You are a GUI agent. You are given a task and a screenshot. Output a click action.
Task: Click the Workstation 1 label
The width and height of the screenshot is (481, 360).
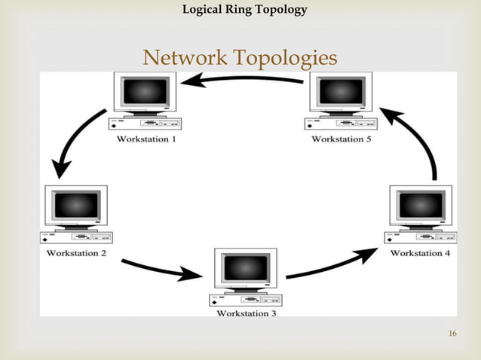[x=147, y=139]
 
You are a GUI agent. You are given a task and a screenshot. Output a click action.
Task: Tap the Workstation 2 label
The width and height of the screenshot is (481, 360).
[x=77, y=253]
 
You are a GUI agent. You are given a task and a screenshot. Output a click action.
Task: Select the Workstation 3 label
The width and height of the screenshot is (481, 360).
[x=247, y=313]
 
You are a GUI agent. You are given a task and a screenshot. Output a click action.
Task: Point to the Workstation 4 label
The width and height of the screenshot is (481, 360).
[x=421, y=253]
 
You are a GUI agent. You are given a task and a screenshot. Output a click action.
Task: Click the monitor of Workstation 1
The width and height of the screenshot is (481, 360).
[x=146, y=92]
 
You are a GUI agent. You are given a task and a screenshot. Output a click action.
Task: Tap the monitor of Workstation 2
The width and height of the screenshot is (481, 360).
[x=76, y=205]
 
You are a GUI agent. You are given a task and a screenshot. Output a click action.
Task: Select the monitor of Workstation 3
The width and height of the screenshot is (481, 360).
[x=246, y=267]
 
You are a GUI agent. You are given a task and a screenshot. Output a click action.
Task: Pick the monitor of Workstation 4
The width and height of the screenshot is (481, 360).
[x=421, y=205]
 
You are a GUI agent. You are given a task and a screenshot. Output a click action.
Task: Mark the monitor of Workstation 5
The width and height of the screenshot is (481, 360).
[x=342, y=92]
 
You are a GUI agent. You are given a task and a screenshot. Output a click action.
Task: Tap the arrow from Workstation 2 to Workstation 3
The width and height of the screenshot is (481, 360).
[x=162, y=267]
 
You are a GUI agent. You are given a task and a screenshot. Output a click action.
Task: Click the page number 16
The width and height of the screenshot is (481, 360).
[x=452, y=334]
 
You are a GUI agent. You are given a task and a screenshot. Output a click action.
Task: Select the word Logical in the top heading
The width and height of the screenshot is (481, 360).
[x=204, y=10]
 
